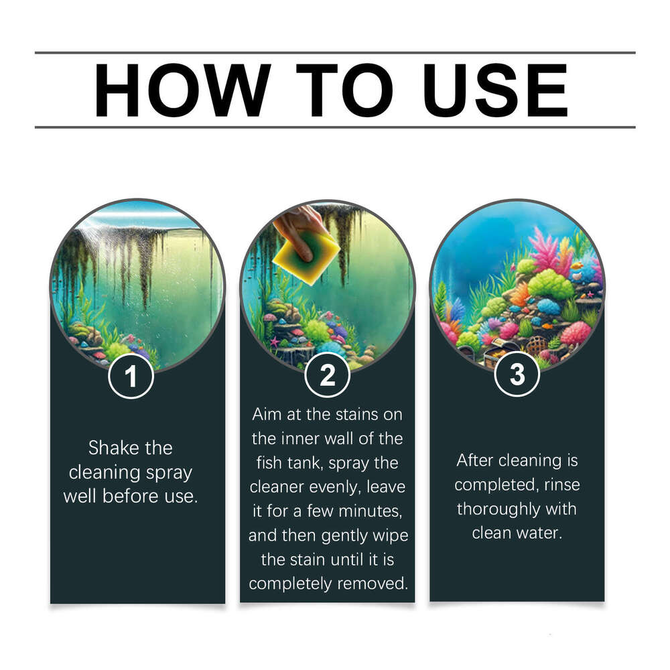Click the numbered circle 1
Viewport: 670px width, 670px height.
click(x=131, y=377)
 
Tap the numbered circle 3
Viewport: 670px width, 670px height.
click(x=517, y=375)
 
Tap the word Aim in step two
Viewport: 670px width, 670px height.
click(x=266, y=414)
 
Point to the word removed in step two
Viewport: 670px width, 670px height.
click(x=373, y=584)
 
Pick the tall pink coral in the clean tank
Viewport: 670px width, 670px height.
click(x=546, y=248)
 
